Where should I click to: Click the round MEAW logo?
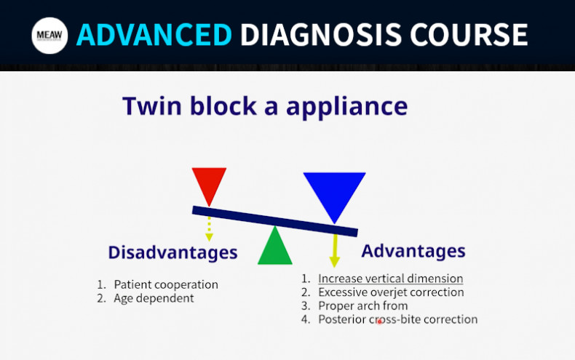49,35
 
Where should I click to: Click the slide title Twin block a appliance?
265,106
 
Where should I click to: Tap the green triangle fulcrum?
275,247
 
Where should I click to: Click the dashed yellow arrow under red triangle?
209,228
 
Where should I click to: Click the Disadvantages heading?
172,252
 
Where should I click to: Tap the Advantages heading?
413,251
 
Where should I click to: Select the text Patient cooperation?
166,284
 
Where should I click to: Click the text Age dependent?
154,297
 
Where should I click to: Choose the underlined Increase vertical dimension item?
390,279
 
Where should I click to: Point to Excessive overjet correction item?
391,292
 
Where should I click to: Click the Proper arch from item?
363,305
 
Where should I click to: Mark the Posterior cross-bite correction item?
397,319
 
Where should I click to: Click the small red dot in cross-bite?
379,321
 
